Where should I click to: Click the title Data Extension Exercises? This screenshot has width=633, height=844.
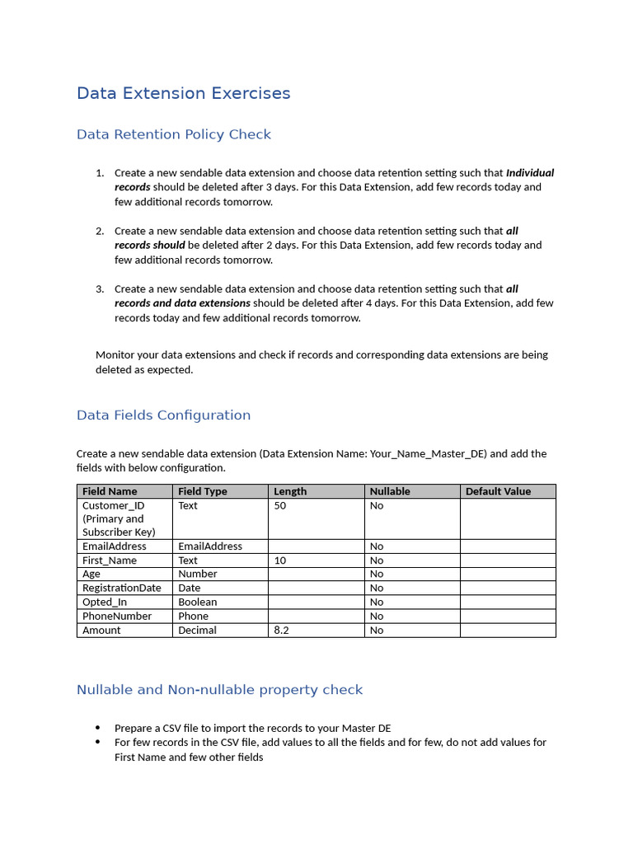183,93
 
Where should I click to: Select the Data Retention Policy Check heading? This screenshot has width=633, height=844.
173,134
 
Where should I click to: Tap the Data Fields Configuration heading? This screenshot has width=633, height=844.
163,415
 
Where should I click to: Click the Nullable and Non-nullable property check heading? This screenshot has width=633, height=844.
219,690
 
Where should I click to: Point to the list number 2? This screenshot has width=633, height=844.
100,231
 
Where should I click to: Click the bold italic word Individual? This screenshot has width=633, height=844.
529,173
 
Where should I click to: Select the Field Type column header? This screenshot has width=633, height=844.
202,491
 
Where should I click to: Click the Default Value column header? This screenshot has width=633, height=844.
498,491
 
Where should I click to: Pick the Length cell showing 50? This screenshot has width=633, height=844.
280,506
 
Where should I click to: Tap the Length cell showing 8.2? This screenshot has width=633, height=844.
281,631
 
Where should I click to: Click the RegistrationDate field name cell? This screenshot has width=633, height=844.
121,588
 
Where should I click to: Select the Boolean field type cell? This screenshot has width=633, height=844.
198,603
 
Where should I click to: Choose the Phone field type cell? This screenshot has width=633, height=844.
193,617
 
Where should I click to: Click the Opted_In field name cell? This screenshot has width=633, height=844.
105,603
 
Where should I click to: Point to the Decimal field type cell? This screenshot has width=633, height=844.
197,631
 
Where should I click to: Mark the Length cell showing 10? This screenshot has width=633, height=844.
280,560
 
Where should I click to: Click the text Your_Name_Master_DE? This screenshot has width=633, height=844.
429,454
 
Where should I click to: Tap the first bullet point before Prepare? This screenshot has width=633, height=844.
98,729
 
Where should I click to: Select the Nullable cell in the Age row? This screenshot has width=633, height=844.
377,574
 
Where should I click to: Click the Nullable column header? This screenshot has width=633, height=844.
390,491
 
